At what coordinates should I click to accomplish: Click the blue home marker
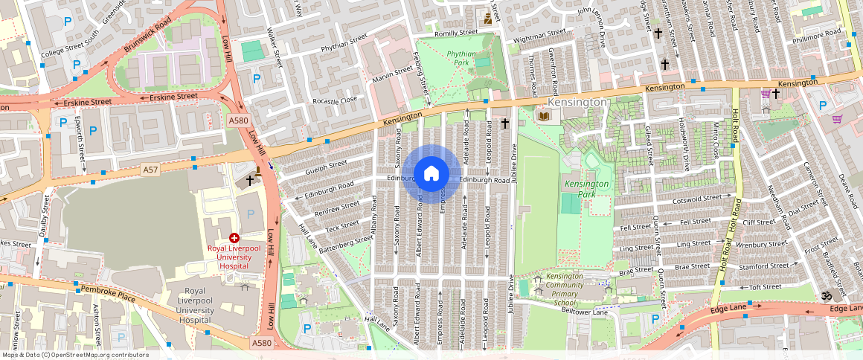[x=431, y=174]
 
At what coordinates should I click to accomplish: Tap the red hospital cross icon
[x=234, y=237]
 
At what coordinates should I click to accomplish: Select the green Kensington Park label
[x=587, y=189]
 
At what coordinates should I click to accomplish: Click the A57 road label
[x=151, y=170]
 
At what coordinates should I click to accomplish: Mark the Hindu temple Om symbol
[x=824, y=295]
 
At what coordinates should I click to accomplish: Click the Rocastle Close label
[x=335, y=100]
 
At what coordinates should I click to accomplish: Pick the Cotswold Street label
[x=696, y=199]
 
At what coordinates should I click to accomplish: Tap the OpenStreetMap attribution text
[x=75, y=355]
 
